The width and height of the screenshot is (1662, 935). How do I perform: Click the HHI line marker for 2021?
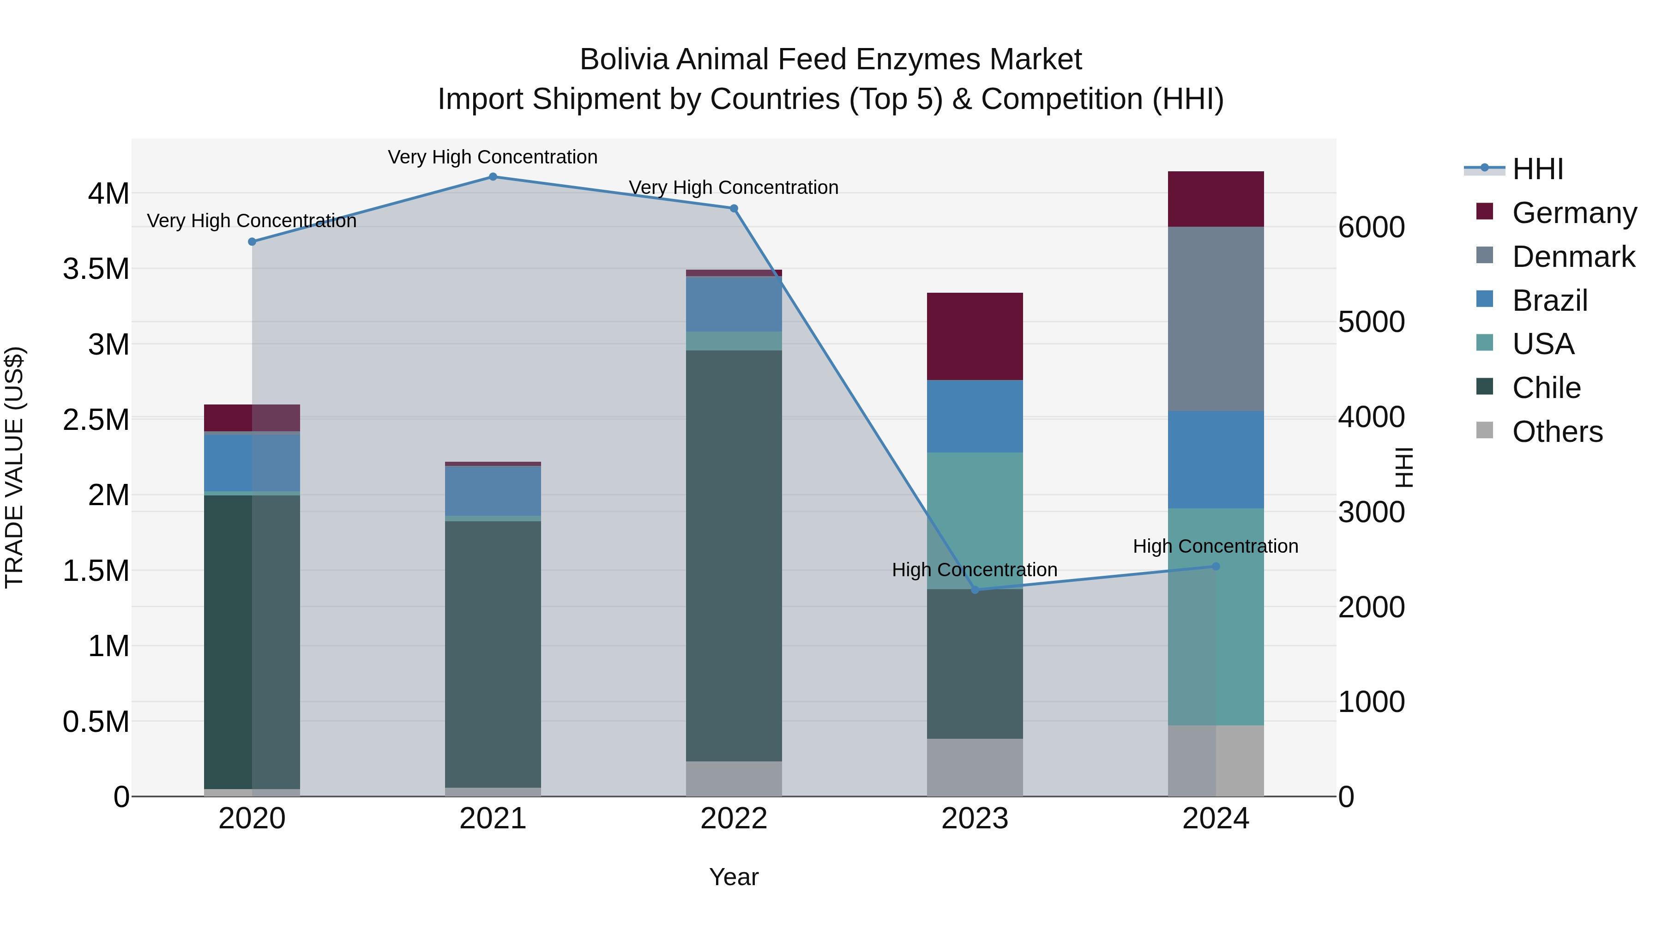coord(493,177)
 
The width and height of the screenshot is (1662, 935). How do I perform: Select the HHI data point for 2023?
coord(975,590)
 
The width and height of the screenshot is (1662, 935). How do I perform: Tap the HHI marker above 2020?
coord(252,242)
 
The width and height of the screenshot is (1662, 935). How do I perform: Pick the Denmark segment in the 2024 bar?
coord(1216,319)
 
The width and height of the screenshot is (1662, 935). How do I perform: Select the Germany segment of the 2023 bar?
coord(975,336)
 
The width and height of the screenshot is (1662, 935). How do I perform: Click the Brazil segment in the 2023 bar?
coord(975,416)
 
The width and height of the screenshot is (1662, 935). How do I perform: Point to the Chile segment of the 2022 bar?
coord(734,555)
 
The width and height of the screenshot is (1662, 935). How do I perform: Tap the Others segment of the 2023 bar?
coord(975,767)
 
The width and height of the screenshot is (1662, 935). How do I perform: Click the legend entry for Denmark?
coord(1573,257)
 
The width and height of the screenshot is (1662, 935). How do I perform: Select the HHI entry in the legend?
coord(1537,169)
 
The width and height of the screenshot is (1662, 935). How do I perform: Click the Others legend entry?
coord(1557,432)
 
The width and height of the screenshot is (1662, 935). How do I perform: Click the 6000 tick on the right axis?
coord(1371,227)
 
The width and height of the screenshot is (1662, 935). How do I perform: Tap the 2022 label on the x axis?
coord(734,819)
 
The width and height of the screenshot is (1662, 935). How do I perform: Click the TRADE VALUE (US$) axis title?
coord(14,467)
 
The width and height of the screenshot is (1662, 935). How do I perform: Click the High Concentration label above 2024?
coord(1216,547)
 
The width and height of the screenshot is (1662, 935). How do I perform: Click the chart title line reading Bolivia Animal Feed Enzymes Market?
coord(831,60)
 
